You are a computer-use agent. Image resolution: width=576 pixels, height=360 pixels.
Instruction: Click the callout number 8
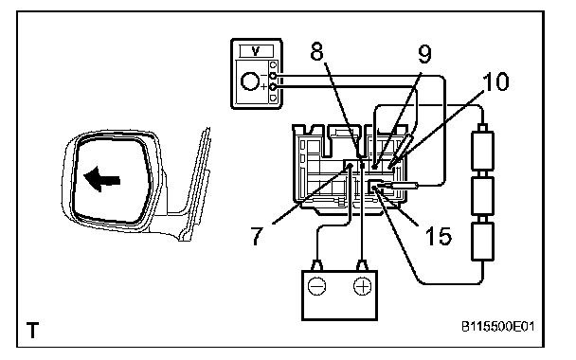(x=316, y=51)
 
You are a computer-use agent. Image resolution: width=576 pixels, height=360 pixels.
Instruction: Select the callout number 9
(x=424, y=54)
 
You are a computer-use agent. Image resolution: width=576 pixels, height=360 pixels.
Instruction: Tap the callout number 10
(x=495, y=81)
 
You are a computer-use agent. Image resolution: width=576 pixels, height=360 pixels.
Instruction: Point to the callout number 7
(x=257, y=235)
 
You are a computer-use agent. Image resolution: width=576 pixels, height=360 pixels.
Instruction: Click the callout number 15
(x=439, y=236)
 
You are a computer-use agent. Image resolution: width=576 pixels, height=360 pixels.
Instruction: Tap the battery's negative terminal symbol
(x=316, y=286)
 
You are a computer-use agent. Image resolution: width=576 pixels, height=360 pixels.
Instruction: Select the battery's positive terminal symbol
(x=362, y=286)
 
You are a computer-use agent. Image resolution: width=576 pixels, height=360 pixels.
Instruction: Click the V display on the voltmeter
(x=257, y=51)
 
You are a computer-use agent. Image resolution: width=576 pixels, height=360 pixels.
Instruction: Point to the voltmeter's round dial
(x=250, y=81)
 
